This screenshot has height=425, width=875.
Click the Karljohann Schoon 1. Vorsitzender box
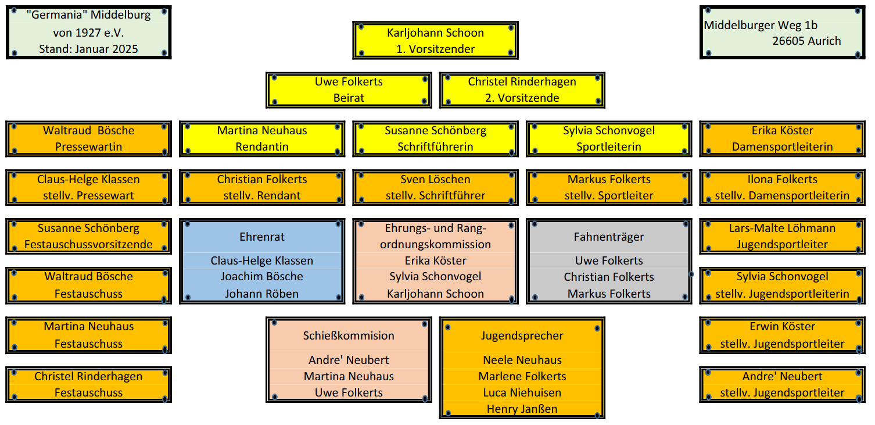435,41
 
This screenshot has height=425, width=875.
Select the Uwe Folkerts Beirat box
349,90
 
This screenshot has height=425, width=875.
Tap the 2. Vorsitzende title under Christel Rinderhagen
522,98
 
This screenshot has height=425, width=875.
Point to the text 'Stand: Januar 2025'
88,49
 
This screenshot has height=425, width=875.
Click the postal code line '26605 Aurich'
806,41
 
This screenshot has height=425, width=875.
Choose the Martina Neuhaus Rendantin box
262,138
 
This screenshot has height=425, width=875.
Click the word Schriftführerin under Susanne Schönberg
435,147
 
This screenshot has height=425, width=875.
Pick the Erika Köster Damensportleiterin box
782,138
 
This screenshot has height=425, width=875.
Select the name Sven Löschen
435,179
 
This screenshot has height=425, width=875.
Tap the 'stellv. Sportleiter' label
609,195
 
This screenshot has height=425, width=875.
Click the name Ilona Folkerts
782,179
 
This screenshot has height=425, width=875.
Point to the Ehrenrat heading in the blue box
262,237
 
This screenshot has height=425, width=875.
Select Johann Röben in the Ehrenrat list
262,294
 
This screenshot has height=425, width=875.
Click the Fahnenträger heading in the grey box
609,237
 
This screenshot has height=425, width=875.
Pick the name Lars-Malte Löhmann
782,228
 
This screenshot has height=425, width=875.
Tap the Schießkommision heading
349,335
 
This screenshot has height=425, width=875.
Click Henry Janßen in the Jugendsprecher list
522,409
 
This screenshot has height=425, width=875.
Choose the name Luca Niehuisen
522,392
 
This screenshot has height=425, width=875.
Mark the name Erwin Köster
782,326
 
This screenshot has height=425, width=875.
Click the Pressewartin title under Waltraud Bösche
88,147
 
